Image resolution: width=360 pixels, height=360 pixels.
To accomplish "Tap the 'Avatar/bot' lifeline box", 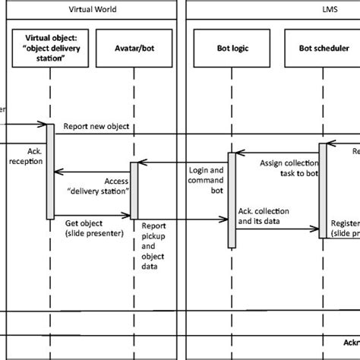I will (x=134, y=48).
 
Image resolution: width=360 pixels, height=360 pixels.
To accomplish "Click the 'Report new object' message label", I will (x=95, y=125).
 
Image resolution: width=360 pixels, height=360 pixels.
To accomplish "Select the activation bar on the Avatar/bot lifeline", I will (x=134, y=190).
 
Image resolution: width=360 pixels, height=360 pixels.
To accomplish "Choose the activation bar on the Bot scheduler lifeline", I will (x=322, y=190).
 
